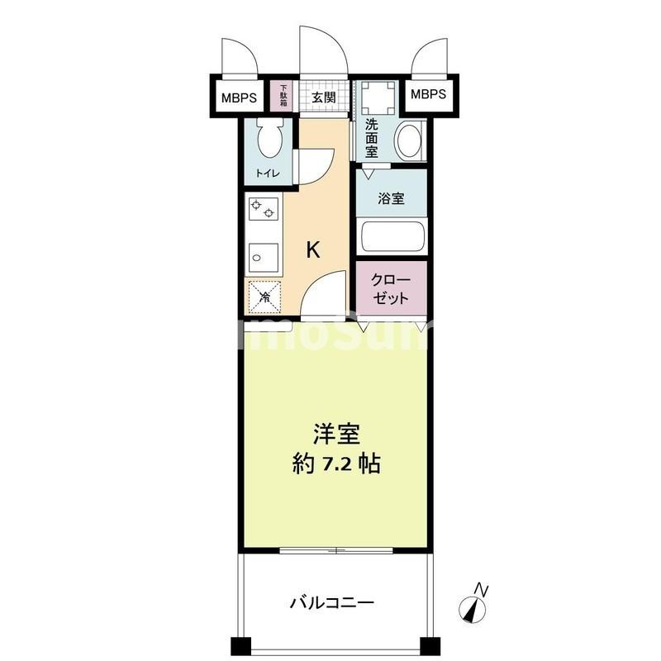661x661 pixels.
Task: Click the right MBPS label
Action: [428, 94]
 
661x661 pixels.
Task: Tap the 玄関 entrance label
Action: [324, 97]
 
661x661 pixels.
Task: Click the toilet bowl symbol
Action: [269, 138]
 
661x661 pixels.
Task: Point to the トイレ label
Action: [267, 174]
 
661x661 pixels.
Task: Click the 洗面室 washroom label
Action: [372, 138]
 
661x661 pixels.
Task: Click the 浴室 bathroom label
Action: [392, 198]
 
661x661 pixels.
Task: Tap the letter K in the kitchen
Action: [314, 250]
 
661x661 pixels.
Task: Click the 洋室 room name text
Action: [335, 435]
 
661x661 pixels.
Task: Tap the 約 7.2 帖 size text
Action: [335, 464]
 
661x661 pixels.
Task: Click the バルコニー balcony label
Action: [332, 602]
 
